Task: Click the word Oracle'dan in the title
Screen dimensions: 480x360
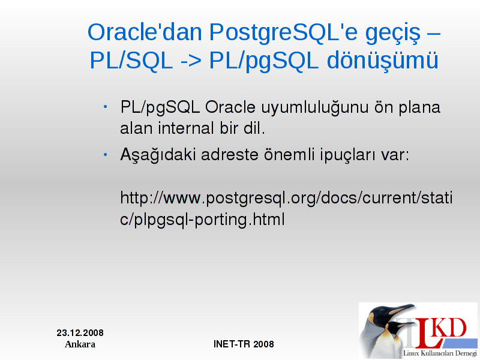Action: pyautogui.click(x=145, y=32)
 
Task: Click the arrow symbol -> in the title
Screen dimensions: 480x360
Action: pyautogui.click(x=191, y=61)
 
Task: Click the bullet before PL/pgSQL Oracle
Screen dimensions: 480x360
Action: pyautogui.click(x=106, y=107)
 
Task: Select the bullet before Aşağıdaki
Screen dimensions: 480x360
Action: pyautogui.click(x=106, y=155)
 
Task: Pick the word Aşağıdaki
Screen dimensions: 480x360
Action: pyautogui.click(x=158, y=155)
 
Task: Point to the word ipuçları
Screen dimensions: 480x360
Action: pyautogui.click(x=348, y=155)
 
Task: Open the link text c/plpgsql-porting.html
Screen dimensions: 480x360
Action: pyautogui.click(x=202, y=220)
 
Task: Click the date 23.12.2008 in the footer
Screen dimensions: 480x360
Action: pyautogui.click(x=80, y=333)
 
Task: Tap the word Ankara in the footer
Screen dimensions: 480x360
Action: pyautogui.click(x=80, y=344)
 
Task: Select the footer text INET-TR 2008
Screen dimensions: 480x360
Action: pyautogui.click(x=244, y=344)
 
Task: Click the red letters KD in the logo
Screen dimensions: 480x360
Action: pyautogui.click(x=449, y=328)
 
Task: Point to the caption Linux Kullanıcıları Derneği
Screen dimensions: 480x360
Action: pyautogui.click(x=440, y=353)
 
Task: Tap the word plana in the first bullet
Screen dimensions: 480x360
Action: pyautogui.click(x=419, y=109)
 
